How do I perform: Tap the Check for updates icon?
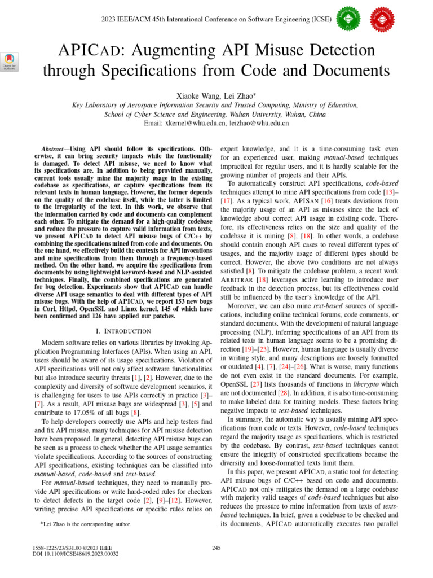10,62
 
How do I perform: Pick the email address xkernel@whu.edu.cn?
196,122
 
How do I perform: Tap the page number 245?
216,548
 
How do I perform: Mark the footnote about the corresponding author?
86,524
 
